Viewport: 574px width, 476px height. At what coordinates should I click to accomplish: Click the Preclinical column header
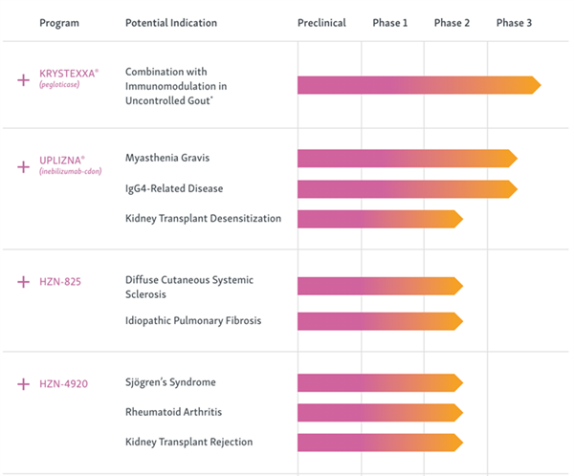[x=321, y=23]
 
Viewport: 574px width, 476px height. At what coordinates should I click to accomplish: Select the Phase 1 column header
[x=390, y=23]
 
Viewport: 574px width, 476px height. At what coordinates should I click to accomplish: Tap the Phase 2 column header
[x=452, y=23]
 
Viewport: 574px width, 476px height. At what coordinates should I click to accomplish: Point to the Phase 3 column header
[x=514, y=23]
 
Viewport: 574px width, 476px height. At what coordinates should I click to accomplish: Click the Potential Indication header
[x=171, y=23]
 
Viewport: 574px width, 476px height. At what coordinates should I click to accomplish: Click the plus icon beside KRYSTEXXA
[x=23, y=79]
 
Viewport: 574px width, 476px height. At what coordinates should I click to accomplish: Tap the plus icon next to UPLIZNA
[x=23, y=167]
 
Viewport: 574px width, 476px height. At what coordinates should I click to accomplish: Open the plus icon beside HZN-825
[x=23, y=282]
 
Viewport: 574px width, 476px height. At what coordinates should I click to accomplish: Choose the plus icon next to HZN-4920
[x=23, y=384]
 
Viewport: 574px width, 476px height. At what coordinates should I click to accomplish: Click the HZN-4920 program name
[x=64, y=384]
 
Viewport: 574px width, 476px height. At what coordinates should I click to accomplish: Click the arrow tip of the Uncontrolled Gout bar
[x=541, y=85]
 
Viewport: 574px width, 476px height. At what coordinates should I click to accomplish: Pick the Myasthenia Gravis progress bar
[x=408, y=159]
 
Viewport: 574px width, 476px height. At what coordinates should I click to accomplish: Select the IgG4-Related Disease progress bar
[x=408, y=189]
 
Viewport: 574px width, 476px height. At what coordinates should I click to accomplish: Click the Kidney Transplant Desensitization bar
[x=381, y=219]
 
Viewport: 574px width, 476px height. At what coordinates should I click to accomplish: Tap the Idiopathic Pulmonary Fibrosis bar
[x=381, y=321]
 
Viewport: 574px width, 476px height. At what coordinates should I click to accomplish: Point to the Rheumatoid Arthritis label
[x=173, y=412]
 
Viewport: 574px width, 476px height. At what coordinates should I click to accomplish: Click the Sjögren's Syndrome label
[x=170, y=382]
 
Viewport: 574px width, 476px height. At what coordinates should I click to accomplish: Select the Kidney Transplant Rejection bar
[x=381, y=443]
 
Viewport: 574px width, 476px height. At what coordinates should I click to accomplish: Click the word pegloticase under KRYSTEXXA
[x=59, y=84]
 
